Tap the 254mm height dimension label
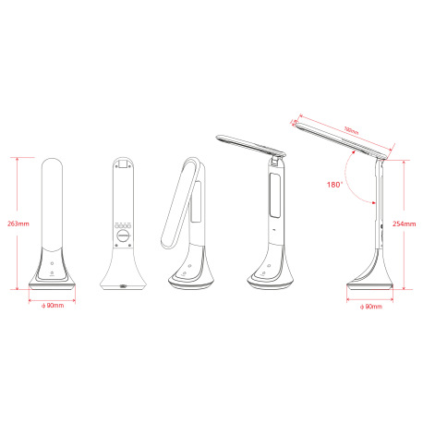point(403,223)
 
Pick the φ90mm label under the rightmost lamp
point(372,307)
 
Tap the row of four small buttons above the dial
point(123,224)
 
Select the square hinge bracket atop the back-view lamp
point(123,164)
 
